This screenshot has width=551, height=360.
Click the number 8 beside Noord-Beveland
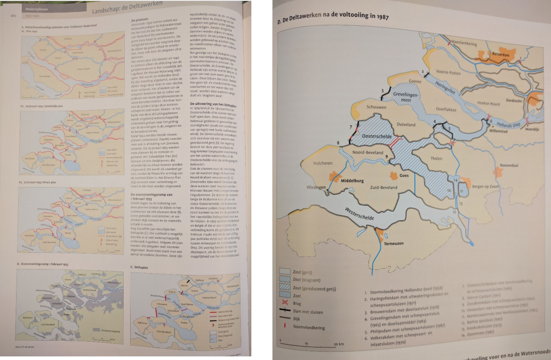338,143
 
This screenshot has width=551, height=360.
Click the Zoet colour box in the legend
287,295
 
